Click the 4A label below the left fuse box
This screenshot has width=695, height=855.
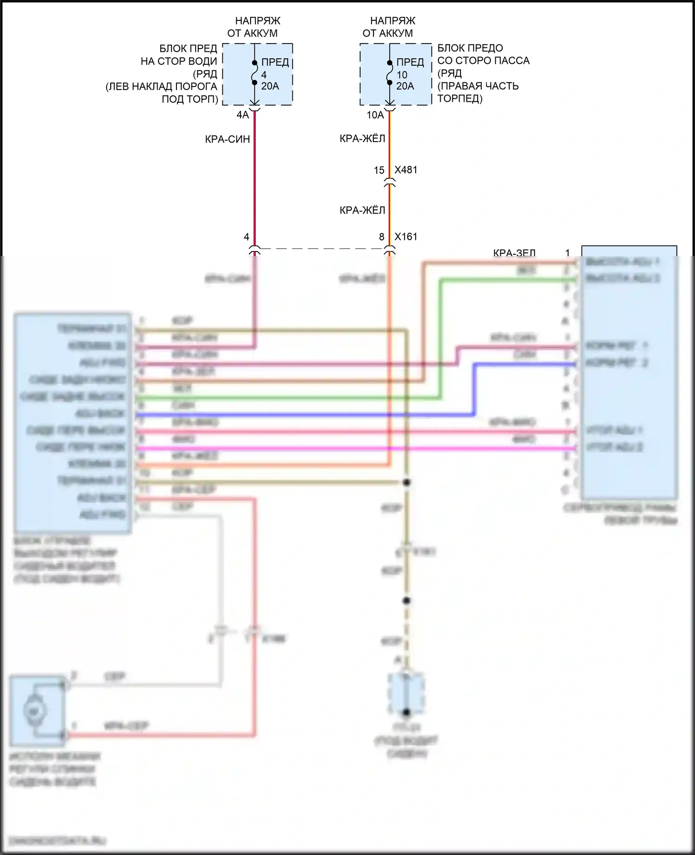coord(243,115)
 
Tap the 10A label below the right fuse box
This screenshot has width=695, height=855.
coord(375,115)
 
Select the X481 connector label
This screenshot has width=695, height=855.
coord(406,170)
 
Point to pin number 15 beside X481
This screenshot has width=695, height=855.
coord(379,170)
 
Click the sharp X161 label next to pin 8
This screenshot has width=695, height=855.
coord(406,237)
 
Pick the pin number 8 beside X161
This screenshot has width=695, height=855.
coord(382,237)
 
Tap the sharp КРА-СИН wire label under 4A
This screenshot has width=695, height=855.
coord(227,139)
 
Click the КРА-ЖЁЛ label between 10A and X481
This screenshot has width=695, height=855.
coord(362,138)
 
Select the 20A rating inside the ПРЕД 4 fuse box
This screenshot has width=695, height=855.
coord(270,86)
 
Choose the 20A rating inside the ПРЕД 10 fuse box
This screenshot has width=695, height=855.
coord(405,86)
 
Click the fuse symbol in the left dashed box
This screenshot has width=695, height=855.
coord(254,73)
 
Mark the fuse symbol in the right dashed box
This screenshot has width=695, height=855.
coord(390,73)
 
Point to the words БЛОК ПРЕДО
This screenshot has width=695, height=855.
coord(470,48)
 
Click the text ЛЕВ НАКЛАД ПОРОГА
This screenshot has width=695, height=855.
coord(162,87)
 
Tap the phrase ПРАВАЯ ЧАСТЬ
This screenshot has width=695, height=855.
coord(478,86)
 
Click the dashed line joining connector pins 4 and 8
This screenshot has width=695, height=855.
coord(322,249)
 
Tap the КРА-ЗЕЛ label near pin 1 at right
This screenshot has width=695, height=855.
coord(514,253)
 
